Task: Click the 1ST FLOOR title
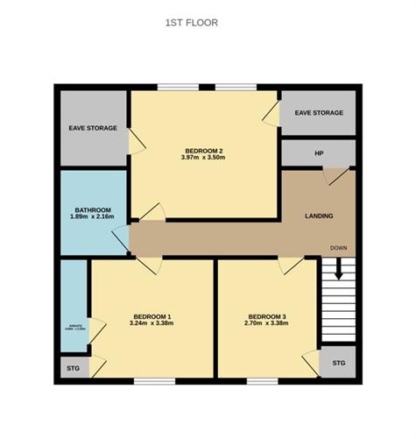(191, 24)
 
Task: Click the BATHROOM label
(92, 210)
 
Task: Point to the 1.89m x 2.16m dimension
(92, 217)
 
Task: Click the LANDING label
(318, 216)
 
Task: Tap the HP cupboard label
(319, 154)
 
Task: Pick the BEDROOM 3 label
(267, 316)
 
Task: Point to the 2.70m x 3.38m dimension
(267, 324)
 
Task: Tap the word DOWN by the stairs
(338, 249)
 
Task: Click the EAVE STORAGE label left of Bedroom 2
(93, 129)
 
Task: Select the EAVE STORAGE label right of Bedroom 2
(319, 113)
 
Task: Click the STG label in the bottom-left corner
(73, 369)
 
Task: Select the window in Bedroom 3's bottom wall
(263, 380)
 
